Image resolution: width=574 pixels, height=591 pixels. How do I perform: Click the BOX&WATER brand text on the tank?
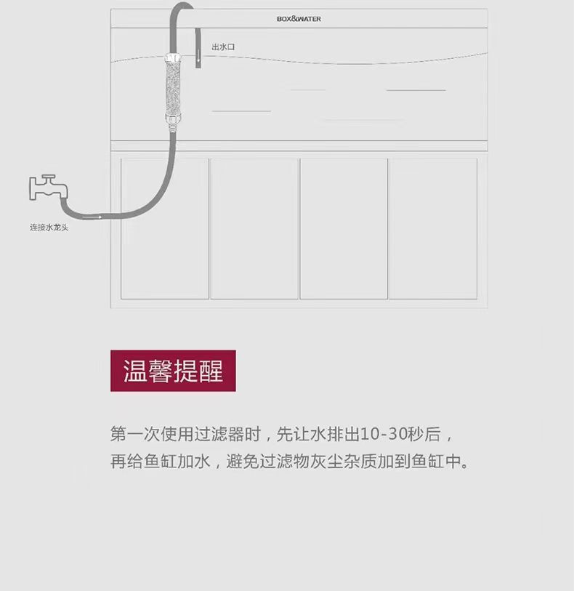(x=299, y=19)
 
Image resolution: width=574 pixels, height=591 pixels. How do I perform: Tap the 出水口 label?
(x=223, y=47)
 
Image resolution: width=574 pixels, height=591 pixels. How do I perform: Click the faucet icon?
(x=47, y=188)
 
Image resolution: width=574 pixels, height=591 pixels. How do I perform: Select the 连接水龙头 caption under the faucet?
(x=49, y=228)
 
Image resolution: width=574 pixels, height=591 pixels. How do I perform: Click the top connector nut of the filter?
(x=171, y=57)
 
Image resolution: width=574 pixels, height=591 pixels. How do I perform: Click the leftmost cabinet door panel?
(x=165, y=228)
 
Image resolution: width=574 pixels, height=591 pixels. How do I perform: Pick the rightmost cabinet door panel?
(x=433, y=228)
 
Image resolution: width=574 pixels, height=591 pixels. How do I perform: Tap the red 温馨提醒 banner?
(x=173, y=371)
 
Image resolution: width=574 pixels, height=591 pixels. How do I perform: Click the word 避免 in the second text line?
(x=239, y=462)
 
